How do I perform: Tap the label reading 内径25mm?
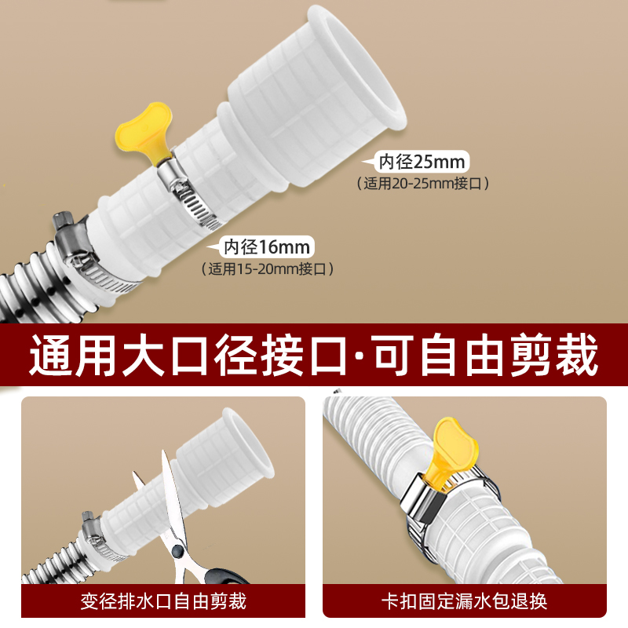tap(422, 162)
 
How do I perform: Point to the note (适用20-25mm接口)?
tap(423, 184)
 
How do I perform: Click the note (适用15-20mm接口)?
tap(268, 268)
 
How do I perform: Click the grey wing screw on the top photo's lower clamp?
tap(63, 221)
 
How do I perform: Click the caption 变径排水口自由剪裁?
tap(163, 602)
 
